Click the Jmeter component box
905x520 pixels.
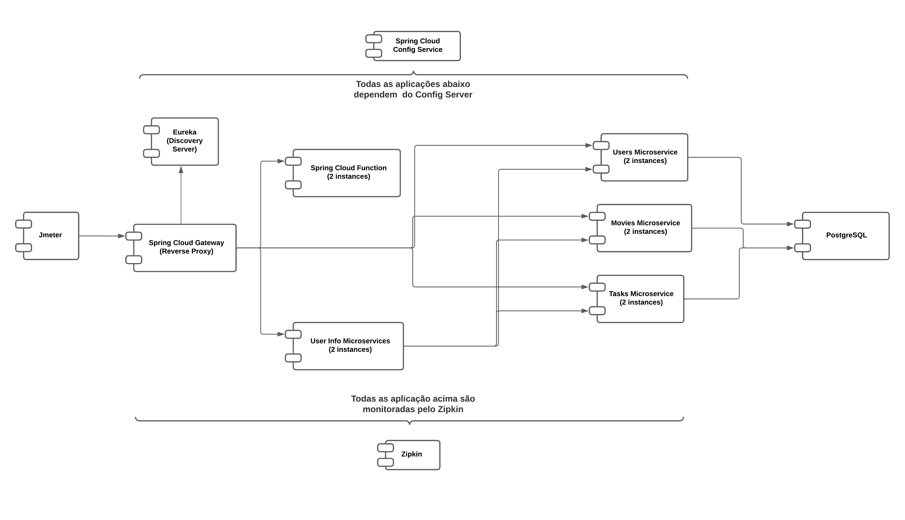pos(51,236)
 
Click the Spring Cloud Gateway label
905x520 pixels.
pos(186,243)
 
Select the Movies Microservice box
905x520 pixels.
pos(645,228)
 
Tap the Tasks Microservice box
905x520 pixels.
pos(641,298)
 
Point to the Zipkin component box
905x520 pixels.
pos(412,454)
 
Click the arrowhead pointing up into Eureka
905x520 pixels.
pos(181,170)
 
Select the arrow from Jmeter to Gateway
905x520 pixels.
pos(102,236)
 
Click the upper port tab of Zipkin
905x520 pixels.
pos(385,447)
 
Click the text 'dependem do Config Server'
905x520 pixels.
pos(413,95)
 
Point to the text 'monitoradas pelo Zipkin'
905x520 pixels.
pos(413,409)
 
